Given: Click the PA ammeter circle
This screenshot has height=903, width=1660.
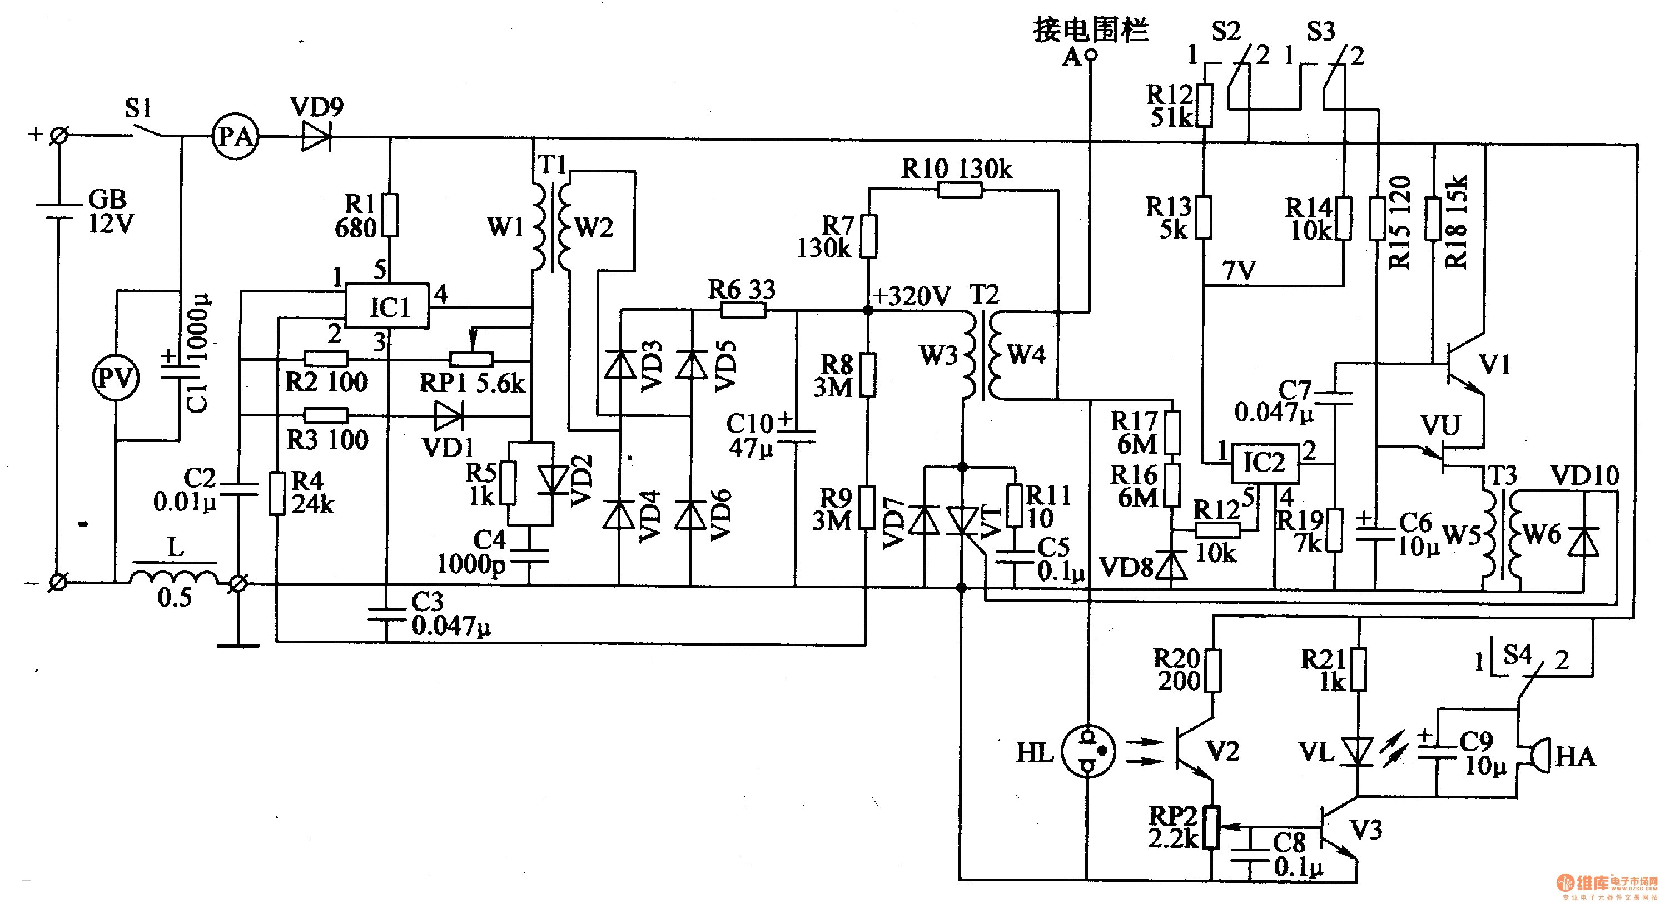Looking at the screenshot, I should click(x=235, y=137).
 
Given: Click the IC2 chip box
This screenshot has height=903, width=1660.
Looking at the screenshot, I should click(x=1264, y=463).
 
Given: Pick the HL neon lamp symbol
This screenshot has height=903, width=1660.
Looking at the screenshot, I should click(x=1087, y=752).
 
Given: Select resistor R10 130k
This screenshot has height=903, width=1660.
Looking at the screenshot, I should click(x=960, y=190).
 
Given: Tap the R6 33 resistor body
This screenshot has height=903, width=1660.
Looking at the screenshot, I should click(x=743, y=311).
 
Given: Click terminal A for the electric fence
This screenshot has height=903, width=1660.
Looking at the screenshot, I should click(x=1090, y=56).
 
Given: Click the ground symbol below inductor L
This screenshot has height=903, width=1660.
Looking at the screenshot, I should click(x=238, y=644).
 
